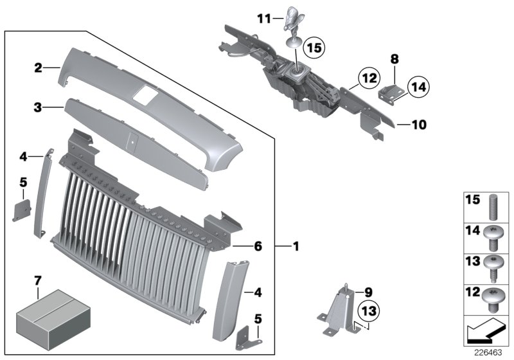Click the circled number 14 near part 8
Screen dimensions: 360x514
point(417,85)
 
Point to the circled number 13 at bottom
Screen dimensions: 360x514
point(367,312)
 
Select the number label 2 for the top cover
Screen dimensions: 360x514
point(38,67)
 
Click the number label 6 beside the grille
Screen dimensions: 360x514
point(258,246)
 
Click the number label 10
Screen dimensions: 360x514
point(418,125)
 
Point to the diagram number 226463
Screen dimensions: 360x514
point(489,352)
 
